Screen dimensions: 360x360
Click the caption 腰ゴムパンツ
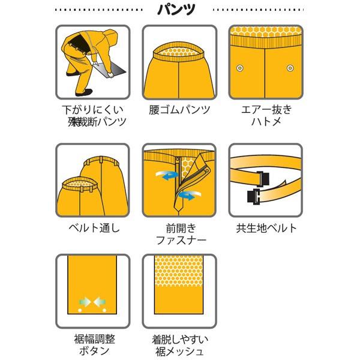coord(179,110)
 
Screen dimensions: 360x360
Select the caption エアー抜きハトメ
coord(266,116)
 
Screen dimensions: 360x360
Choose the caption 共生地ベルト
coord(266,228)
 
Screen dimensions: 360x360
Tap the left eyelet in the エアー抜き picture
coord(241,65)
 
